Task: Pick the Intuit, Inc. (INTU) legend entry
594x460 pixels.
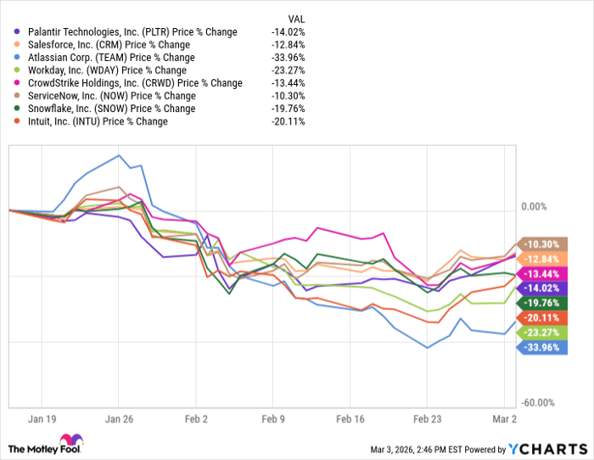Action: (97, 121)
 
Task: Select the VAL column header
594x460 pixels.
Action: (297, 19)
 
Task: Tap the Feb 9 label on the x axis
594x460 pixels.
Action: (272, 418)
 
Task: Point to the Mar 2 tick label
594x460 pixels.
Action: (504, 418)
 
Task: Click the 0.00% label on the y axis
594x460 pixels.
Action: (533, 206)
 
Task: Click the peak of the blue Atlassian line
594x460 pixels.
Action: (119, 154)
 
